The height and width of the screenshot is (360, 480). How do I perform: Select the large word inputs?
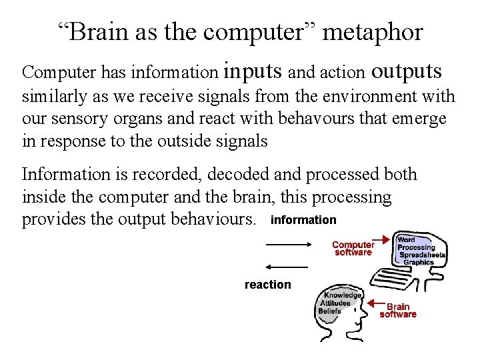[254, 69]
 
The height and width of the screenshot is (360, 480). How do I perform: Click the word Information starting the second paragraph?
[65, 175]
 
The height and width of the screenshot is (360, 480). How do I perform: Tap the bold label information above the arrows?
[303, 220]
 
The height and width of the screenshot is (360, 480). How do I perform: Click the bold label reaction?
[268, 285]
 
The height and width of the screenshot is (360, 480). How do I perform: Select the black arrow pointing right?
[289, 245]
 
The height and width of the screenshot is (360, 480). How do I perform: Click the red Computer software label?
[353, 248]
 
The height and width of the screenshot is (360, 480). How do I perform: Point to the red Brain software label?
[398, 311]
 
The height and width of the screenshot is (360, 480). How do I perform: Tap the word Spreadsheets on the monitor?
[421, 255]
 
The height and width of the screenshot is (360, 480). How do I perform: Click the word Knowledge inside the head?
[343, 295]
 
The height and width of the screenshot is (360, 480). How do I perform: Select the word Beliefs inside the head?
[331, 311]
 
